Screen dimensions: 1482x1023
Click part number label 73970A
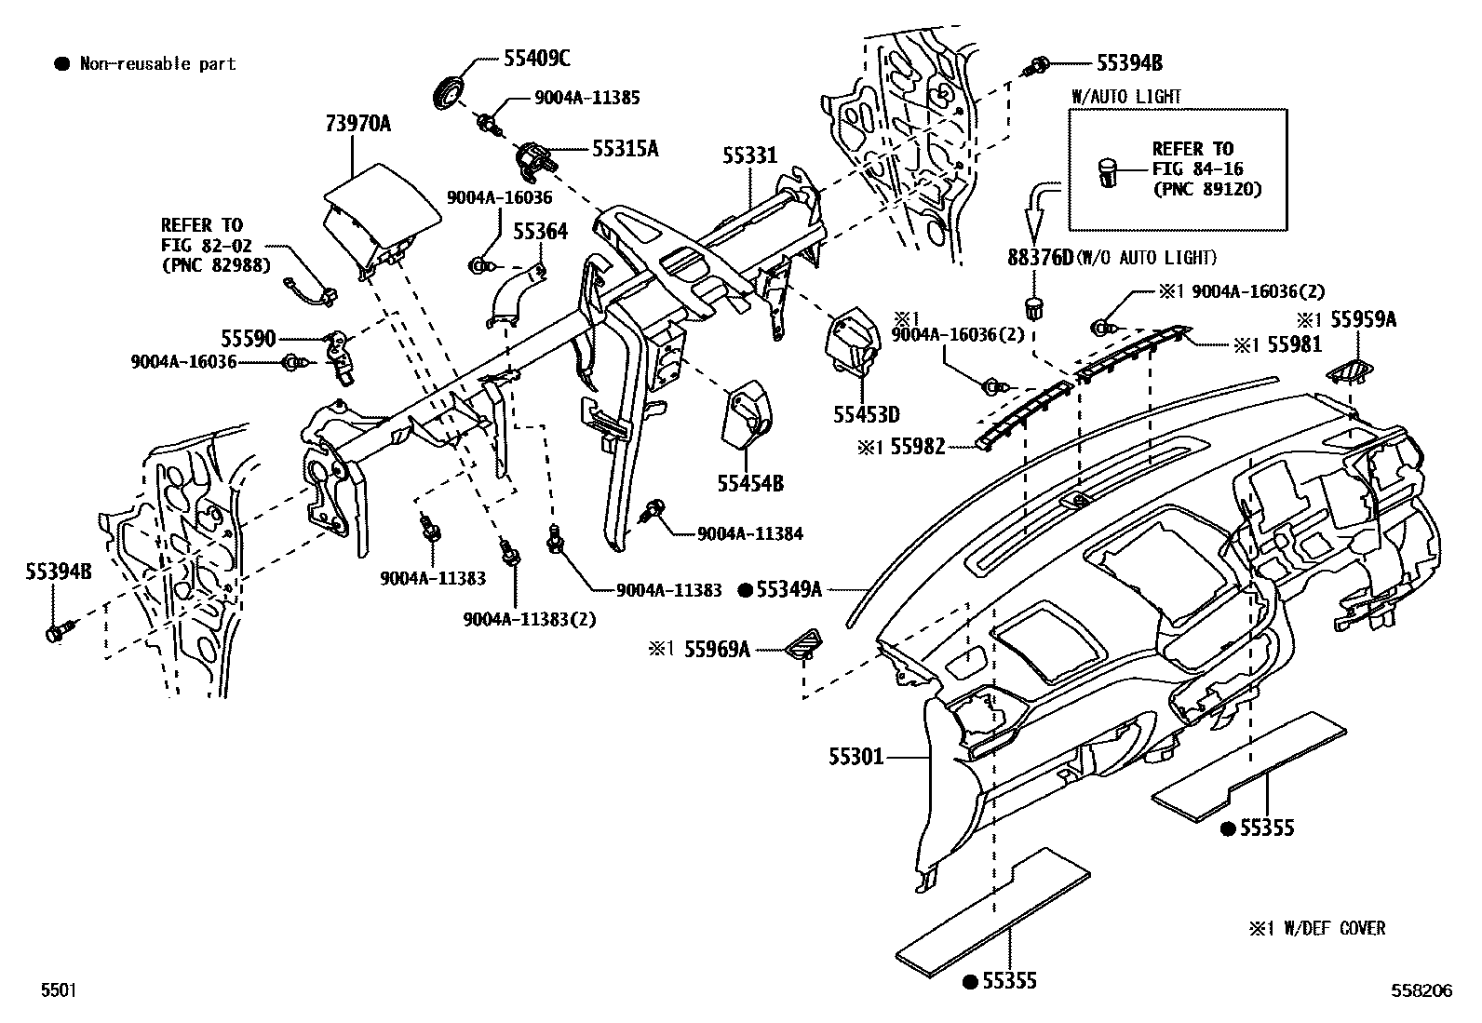pyautogui.click(x=357, y=123)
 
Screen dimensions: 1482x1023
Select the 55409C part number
pyautogui.click(x=536, y=59)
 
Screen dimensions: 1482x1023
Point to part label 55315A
pyautogui.click(x=626, y=149)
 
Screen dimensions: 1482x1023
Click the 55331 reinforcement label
pyautogui.click(x=749, y=155)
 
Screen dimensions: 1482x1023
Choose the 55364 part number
pyautogui.click(x=541, y=232)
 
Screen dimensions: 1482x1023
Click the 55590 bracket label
pyautogui.click(x=249, y=339)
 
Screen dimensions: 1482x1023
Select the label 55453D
pyautogui.click(x=866, y=415)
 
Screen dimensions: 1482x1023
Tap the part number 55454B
pyautogui.click(x=750, y=484)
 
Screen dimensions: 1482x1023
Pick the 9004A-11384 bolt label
pyautogui.click(x=750, y=533)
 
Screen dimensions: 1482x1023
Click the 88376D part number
pyautogui.click(x=1041, y=258)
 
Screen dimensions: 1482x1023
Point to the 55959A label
pyautogui.click(x=1364, y=319)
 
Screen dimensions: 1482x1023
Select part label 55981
pyautogui.click(x=1294, y=344)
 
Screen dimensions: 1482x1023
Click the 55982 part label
pyautogui.click(x=918, y=448)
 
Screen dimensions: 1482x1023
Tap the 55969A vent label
pyautogui.click(x=717, y=650)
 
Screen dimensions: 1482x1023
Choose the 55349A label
pyautogui.click(x=788, y=589)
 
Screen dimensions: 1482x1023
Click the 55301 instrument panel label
pyautogui.click(x=856, y=757)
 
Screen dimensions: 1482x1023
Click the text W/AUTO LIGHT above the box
pyautogui.click(x=1126, y=97)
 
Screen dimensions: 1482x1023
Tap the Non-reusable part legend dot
pyautogui.click(x=62, y=64)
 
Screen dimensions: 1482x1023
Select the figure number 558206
pyautogui.click(x=1421, y=990)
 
